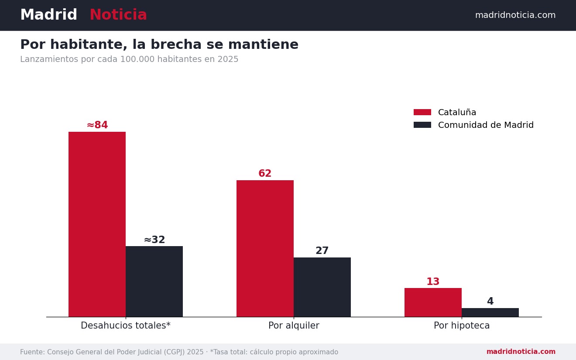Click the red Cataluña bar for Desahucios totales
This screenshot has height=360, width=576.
click(x=97, y=224)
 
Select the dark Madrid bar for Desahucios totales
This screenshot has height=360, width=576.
click(x=154, y=281)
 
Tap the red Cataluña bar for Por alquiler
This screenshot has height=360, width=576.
click(x=265, y=248)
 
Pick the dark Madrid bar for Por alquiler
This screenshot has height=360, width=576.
click(x=322, y=287)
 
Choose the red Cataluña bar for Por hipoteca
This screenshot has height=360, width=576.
click(x=433, y=302)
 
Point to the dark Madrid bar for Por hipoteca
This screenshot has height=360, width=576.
click(x=490, y=312)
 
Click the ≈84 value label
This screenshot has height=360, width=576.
click(x=97, y=125)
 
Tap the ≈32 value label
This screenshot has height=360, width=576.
click(x=154, y=240)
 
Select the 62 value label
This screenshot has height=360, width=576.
click(x=265, y=173)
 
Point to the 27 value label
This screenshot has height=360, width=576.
click(x=322, y=250)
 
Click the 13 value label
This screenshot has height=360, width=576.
click(x=433, y=281)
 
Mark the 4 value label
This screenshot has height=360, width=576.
click(x=490, y=301)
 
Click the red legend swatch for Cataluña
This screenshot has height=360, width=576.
click(x=422, y=112)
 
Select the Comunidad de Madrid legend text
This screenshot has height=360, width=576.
click(x=486, y=125)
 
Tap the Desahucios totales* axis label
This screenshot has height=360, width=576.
click(x=126, y=326)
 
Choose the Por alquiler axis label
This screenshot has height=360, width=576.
click(x=294, y=326)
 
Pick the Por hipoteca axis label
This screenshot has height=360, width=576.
click(x=462, y=326)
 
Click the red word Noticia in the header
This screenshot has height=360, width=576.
click(x=118, y=15)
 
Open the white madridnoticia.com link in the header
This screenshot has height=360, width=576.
click(x=515, y=15)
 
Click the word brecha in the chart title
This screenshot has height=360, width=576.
click(x=176, y=44)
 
